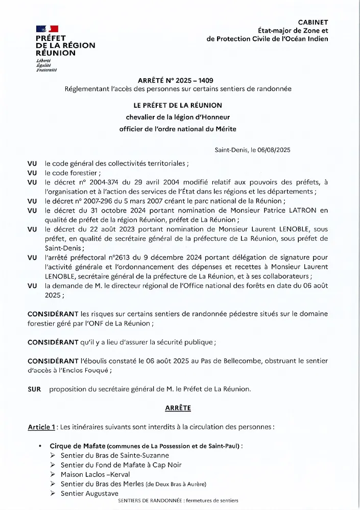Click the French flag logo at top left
coord(47,29)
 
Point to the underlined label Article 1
coord(41,427)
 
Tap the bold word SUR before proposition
coord(35,389)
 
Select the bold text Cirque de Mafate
coord(77,446)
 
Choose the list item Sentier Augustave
coord(89,493)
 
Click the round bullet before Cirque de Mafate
coord(40,446)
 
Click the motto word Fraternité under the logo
coord(46,70)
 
